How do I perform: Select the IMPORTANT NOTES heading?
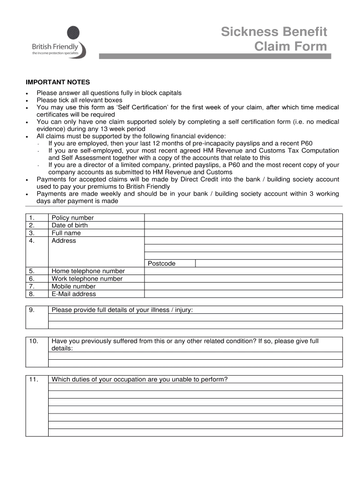click(x=58, y=82)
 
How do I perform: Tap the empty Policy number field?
click(x=243, y=218)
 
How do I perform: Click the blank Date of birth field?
click(x=243, y=225)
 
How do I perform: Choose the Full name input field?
click(x=243, y=233)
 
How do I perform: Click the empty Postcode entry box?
click(x=268, y=263)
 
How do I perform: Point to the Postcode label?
click(x=162, y=263)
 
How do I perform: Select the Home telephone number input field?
click(x=243, y=271)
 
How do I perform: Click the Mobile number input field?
click(x=243, y=286)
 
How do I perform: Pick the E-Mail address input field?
click(x=243, y=294)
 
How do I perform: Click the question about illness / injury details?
click(x=122, y=310)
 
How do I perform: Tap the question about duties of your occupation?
click(x=139, y=379)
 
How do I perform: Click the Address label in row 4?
click(x=64, y=240)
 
